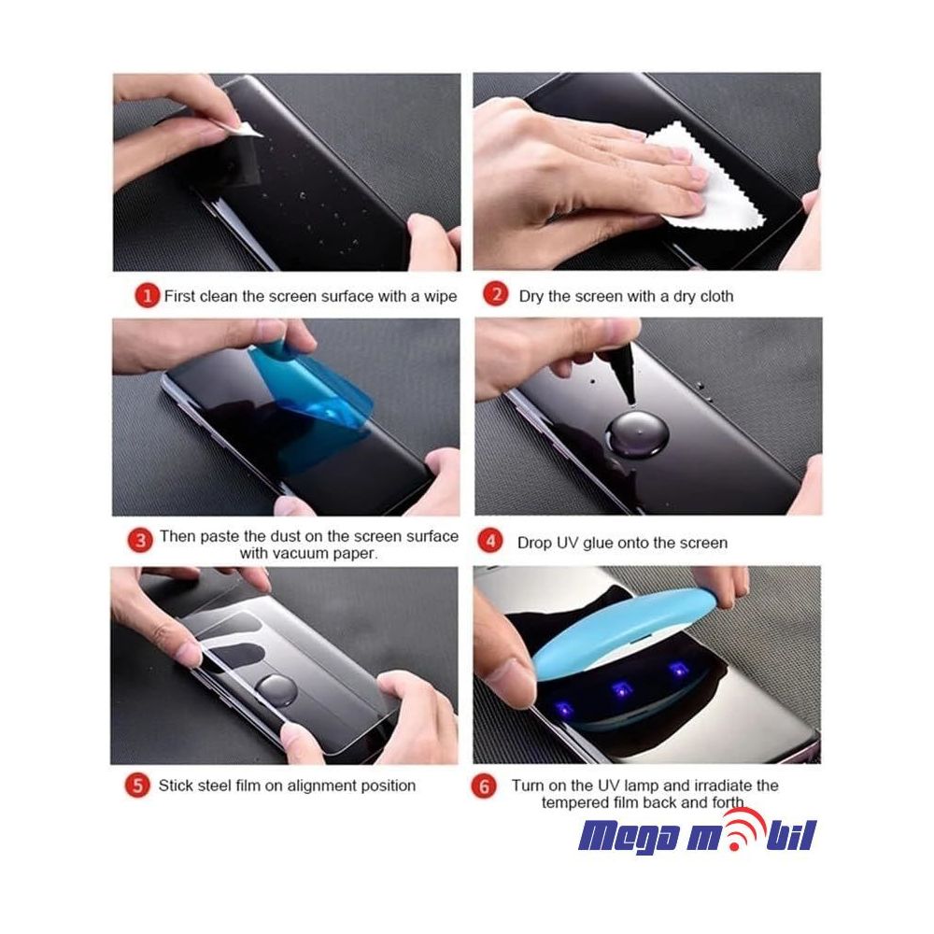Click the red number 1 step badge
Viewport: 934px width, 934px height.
tap(146, 296)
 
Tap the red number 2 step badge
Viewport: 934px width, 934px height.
tap(495, 296)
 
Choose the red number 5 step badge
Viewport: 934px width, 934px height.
tap(138, 785)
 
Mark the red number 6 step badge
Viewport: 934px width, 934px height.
tap(484, 786)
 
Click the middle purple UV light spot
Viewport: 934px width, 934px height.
tap(618, 688)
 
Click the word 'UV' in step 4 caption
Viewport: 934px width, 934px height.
tap(569, 543)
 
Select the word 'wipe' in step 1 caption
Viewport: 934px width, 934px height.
tap(438, 296)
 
